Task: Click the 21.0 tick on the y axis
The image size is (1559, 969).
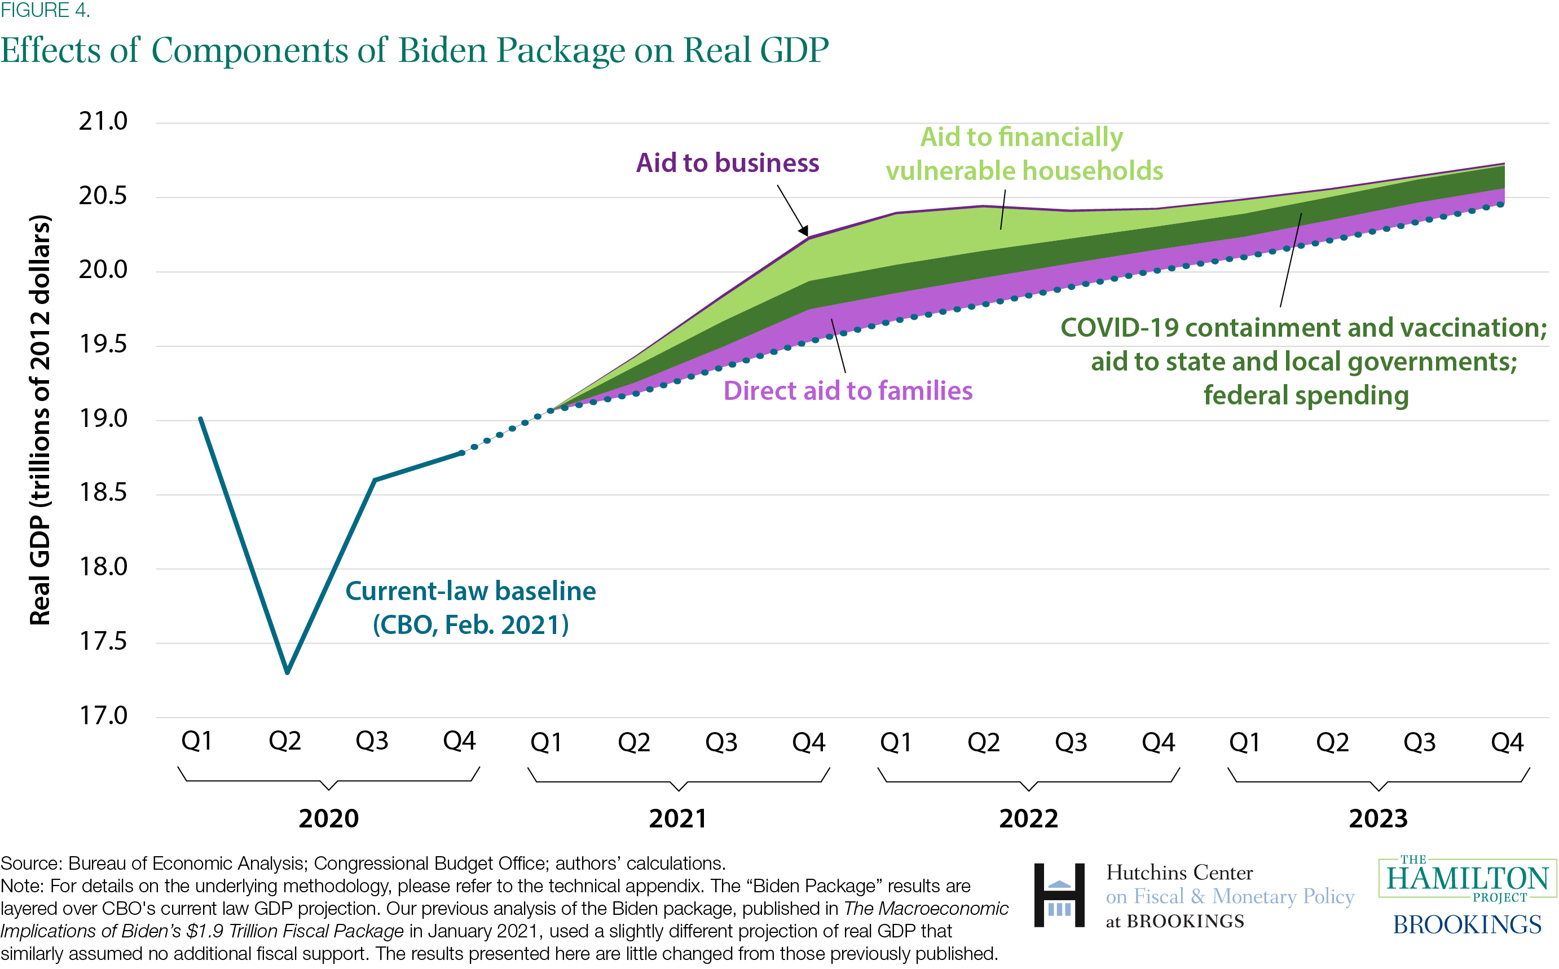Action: point(103,121)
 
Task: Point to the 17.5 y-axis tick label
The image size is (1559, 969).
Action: point(103,641)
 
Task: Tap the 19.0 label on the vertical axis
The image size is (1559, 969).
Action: point(103,419)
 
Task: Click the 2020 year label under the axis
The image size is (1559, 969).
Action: point(329,818)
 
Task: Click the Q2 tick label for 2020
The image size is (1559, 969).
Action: point(284,741)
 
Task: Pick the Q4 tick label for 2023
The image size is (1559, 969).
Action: point(1507,742)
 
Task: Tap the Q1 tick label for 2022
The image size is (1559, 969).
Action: point(895,742)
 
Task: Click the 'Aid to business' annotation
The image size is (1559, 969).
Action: point(727,163)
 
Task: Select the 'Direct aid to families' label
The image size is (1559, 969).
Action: point(848,391)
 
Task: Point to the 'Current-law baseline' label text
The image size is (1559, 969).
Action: point(470,592)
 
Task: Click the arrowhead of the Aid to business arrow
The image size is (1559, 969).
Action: point(804,232)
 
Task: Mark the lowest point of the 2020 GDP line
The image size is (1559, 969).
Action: point(287,672)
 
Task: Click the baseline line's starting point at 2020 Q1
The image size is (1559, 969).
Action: point(201,419)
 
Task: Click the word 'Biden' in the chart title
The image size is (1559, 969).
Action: point(442,50)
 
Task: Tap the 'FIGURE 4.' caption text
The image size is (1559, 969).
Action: point(45,10)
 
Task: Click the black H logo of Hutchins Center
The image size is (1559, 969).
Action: point(1059,895)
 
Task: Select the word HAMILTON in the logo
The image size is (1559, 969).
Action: point(1468,879)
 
